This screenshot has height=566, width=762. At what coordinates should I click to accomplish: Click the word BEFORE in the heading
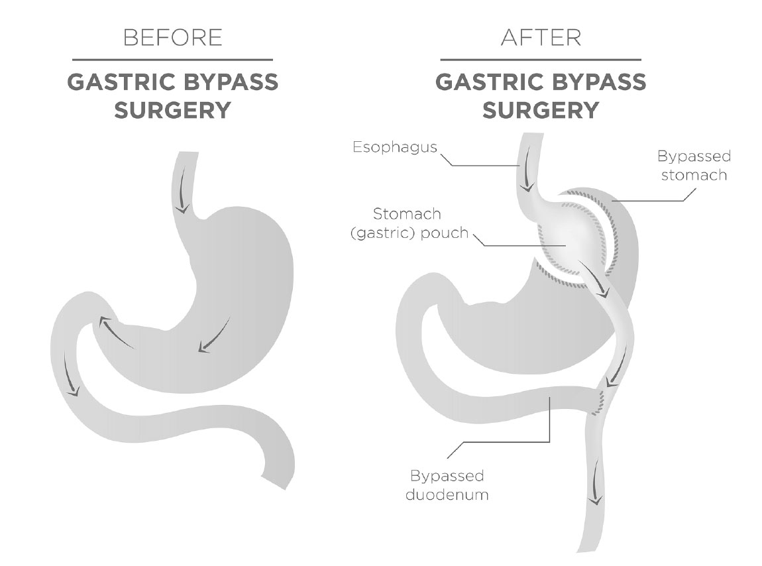pyautogui.click(x=173, y=37)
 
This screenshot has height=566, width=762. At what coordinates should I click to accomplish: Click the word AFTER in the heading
pyautogui.click(x=541, y=37)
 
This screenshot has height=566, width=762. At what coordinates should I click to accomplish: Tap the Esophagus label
pyautogui.click(x=395, y=147)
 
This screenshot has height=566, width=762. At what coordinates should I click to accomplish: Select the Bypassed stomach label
pyautogui.click(x=694, y=165)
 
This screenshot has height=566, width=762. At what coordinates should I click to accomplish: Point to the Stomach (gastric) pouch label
pyautogui.click(x=409, y=223)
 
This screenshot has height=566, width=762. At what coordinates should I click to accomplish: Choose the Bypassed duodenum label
pyautogui.click(x=447, y=485)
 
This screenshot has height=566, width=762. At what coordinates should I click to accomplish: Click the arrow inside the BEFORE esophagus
pyautogui.click(x=183, y=193)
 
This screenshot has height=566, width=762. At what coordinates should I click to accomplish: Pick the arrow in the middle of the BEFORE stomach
pyautogui.click(x=214, y=335)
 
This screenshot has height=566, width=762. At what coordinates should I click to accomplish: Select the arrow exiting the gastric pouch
pyautogui.click(x=594, y=280)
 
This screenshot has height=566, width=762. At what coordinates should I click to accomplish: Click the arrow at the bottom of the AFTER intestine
pyautogui.click(x=596, y=483)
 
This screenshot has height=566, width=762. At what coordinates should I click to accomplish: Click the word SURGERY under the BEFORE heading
pyautogui.click(x=172, y=111)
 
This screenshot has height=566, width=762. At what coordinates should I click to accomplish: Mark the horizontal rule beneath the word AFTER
pyautogui.click(x=541, y=60)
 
